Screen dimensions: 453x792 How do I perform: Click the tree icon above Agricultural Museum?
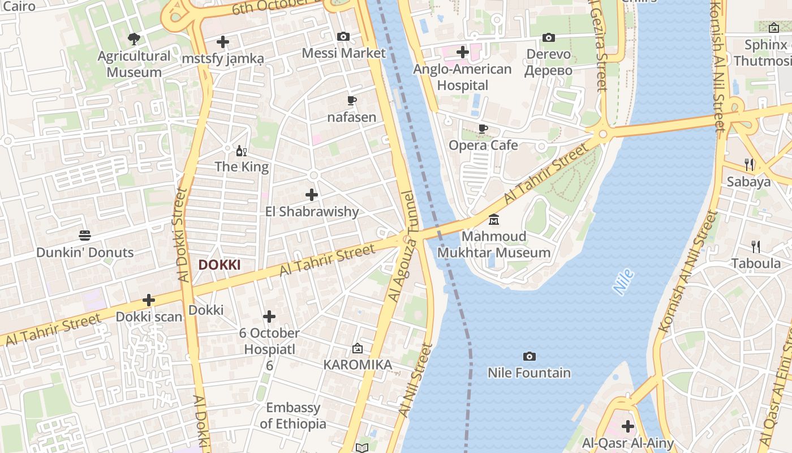pyautogui.click(x=134, y=39)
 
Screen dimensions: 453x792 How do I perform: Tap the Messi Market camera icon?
pyautogui.click(x=343, y=37)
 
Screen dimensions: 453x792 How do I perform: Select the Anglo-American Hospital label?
pyautogui.click(x=462, y=77)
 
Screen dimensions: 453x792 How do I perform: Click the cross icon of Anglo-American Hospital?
pyautogui.click(x=463, y=53)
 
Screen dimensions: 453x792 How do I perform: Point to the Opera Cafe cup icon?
pyautogui.click(x=483, y=129)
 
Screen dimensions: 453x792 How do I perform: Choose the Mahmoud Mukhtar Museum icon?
pyautogui.click(x=494, y=219)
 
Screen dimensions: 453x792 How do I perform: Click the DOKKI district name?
pyautogui.click(x=219, y=265)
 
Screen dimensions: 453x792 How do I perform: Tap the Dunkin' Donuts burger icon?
pyautogui.click(x=85, y=236)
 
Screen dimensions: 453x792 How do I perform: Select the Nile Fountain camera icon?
pyautogui.click(x=529, y=356)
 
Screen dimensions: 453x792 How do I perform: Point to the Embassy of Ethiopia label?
pyautogui.click(x=293, y=416)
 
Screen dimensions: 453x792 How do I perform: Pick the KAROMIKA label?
pyautogui.click(x=358, y=365)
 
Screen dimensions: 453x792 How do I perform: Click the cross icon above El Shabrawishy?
pyautogui.click(x=312, y=195)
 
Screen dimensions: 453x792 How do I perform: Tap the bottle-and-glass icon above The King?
pyautogui.click(x=242, y=151)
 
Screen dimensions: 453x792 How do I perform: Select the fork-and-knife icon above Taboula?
pyautogui.click(x=755, y=246)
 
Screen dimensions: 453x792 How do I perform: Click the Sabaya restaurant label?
pyautogui.click(x=748, y=182)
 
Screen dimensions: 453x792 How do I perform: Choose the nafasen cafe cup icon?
pyautogui.click(x=351, y=101)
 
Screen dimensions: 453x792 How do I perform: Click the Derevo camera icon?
pyautogui.click(x=548, y=38)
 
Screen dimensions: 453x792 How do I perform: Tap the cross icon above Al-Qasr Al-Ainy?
pyautogui.click(x=627, y=426)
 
